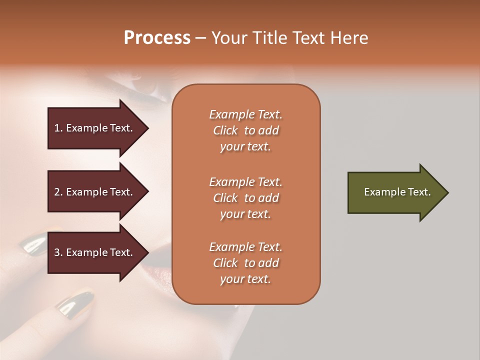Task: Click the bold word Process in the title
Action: coord(157,38)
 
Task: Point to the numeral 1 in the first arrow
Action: coord(56,128)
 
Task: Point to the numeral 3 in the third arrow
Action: coord(56,252)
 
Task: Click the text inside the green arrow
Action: coord(397,192)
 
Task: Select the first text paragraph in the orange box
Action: coord(245,130)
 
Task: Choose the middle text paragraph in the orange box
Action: coord(245,198)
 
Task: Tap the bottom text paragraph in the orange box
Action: coord(245,263)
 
